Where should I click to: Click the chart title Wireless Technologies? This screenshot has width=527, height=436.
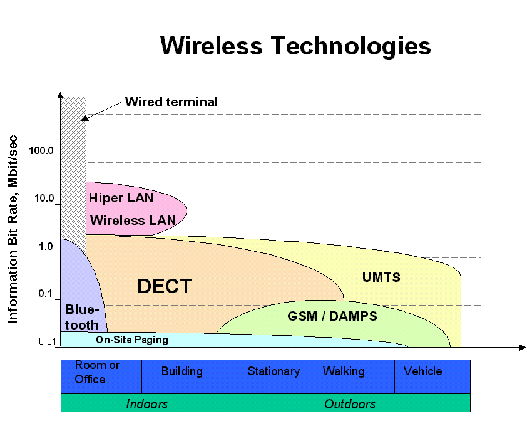click(295, 46)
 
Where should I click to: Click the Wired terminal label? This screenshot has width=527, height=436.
click(171, 102)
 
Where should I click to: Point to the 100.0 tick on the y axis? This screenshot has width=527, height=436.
click(42, 152)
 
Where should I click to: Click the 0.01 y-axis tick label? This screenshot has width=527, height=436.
click(48, 341)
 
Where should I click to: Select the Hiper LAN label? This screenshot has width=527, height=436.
click(121, 198)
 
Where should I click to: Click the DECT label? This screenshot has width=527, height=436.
click(164, 286)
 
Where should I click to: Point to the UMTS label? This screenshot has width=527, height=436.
click(381, 277)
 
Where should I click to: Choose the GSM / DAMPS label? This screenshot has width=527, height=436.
click(332, 316)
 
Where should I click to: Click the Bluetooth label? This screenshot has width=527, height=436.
click(82, 316)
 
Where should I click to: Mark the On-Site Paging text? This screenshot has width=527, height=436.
click(131, 340)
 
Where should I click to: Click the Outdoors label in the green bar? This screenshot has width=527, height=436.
click(349, 404)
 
